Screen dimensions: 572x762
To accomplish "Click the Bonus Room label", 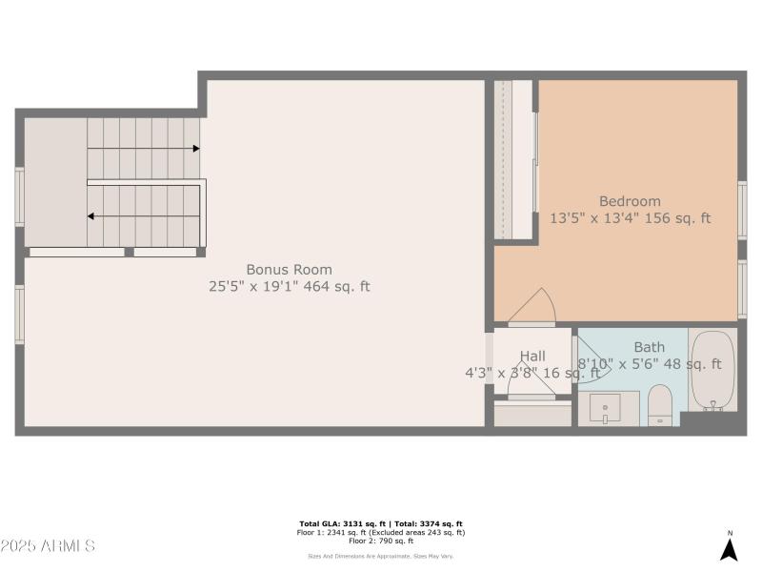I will click(x=289, y=270).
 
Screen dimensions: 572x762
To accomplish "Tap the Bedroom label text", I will click(x=630, y=201).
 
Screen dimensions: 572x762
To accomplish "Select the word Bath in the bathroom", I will click(x=650, y=347).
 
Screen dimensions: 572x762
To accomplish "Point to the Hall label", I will click(x=532, y=356).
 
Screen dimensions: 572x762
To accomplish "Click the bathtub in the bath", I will click(x=712, y=371).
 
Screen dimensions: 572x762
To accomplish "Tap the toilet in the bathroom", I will click(x=660, y=406).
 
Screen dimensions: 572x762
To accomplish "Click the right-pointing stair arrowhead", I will click(x=195, y=149).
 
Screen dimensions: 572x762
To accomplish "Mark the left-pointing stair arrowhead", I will click(x=91, y=216).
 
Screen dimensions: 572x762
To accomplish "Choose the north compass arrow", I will click(x=730, y=548).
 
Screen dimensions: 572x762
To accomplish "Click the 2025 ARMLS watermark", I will click(x=48, y=546).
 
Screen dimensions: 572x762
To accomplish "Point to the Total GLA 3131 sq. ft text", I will click(x=339, y=523).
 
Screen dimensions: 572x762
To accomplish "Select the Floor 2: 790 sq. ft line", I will click(x=380, y=541).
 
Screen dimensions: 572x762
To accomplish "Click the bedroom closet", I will click(x=513, y=159).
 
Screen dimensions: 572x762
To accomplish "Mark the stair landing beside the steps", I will click(x=54, y=181).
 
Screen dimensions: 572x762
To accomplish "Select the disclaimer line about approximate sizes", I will click(x=380, y=556).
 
